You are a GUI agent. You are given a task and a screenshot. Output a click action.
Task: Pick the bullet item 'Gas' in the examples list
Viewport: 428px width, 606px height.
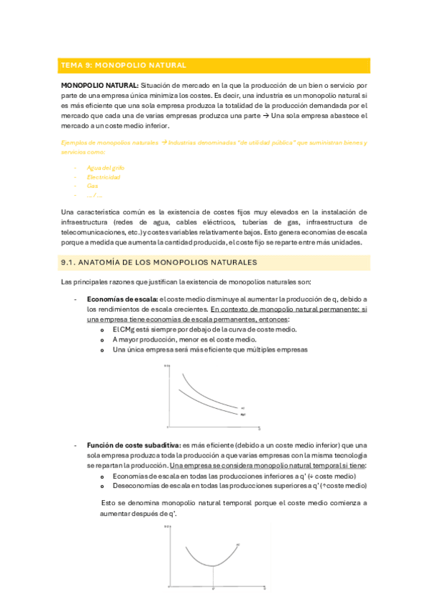92,185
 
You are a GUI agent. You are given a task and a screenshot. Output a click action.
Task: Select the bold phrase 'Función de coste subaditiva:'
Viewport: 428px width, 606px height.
134,444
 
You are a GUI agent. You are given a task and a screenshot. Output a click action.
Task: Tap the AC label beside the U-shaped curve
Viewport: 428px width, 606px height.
239,545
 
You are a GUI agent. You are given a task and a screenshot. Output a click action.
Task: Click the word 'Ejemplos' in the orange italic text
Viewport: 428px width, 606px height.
74,143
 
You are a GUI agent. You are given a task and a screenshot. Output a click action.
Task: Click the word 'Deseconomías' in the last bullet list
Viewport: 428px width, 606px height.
134,485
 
